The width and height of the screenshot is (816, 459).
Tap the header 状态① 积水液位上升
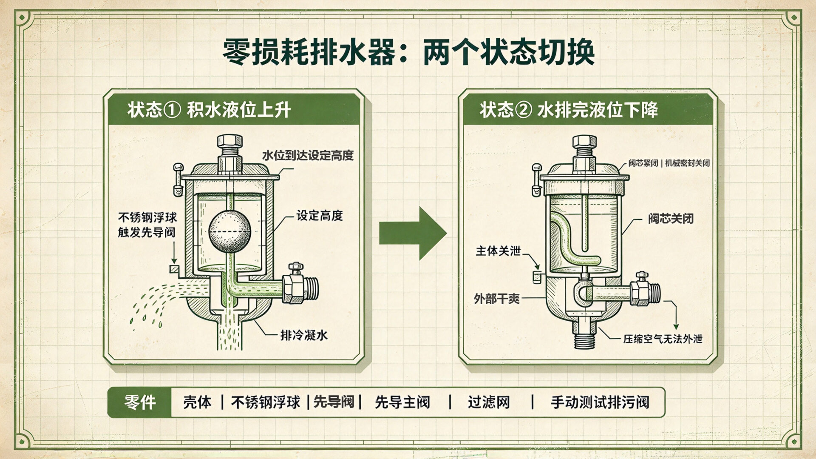tap(209, 110)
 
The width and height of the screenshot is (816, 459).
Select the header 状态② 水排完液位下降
tap(569, 110)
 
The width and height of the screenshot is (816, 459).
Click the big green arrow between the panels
tap(413, 233)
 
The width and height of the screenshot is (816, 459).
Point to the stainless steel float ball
tap(229, 232)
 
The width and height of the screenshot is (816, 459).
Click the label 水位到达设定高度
tap(308, 155)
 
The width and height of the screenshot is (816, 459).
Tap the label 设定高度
tap(320, 216)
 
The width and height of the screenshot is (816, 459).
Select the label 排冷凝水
tap(304, 335)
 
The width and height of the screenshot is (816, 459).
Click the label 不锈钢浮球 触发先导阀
tap(147, 225)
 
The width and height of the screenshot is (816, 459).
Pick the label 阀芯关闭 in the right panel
tap(671, 219)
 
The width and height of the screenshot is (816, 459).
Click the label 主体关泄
tap(498, 251)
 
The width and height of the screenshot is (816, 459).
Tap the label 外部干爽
tap(497, 299)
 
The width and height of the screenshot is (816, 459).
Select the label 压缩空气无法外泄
tap(663, 339)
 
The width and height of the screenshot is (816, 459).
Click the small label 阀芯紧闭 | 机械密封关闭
tap(669, 163)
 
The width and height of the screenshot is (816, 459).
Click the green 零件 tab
tap(140, 402)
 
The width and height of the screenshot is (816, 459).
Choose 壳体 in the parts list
tap(197, 402)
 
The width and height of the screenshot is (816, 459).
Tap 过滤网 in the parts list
tap(489, 402)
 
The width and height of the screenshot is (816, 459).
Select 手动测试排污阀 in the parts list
tap(600, 402)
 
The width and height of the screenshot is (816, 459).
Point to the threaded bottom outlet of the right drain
tap(585, 338)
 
